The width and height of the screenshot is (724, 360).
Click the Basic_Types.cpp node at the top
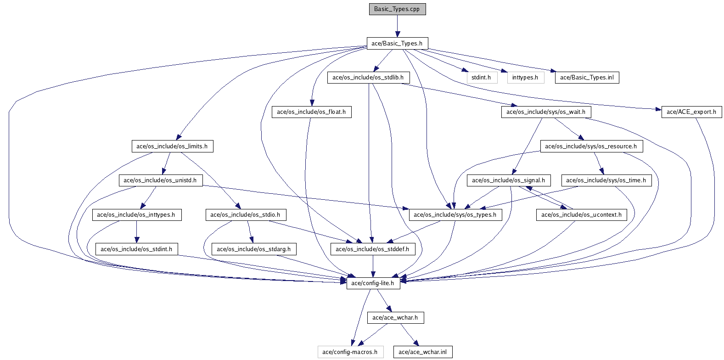coord(397,9)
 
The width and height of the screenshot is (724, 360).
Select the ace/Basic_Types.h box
coord(397,44)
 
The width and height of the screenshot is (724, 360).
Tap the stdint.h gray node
coord(482,78)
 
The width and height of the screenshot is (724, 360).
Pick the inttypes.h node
coord(525,78)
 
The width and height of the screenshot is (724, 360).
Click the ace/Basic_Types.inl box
coord(587,78)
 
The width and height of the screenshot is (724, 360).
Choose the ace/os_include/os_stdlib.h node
coord(368,78)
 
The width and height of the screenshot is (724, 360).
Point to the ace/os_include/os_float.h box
coord(311,112)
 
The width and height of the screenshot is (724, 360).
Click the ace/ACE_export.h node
coord(691,112)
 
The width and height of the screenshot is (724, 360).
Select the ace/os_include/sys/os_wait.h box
coord(546,112)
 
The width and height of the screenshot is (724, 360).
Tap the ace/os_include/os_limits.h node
coord(172,146)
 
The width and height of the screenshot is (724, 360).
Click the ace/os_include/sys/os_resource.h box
coord(591,146)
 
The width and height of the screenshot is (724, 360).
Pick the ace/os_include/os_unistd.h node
coord(160,180)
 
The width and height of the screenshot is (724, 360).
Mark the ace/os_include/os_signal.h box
coord(508,180)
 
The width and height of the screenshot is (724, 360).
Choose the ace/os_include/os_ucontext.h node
coord(581,215)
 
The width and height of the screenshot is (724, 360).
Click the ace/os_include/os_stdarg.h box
coord(253,249)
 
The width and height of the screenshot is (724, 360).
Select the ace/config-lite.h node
coord(373,283)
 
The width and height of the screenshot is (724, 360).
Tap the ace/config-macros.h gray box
coord(350,352)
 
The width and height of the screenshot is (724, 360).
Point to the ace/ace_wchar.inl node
coord(422,352)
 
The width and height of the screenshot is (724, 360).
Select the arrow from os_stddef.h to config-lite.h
coord(373,266)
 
